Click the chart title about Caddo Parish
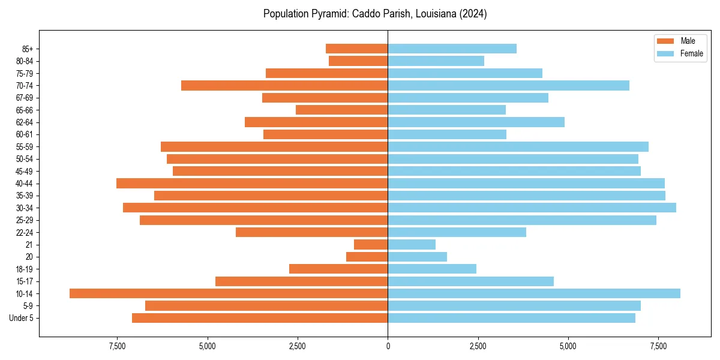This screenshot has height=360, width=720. point(375,14)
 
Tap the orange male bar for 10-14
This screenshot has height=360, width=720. point(229,293)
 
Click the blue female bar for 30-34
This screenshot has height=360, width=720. point(532,208)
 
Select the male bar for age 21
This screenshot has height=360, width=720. point(371,244)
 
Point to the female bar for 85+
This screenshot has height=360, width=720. point(452,49)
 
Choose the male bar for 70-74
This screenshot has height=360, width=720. point(284,85)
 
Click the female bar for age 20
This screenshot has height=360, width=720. point(417,257)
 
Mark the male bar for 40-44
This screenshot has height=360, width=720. point(252,183)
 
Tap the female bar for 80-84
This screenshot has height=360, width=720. point(436,61)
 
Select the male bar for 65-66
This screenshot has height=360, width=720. point(341,110)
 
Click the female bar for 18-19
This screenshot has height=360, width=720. point(432,269)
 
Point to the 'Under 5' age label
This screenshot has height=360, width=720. point(21,318)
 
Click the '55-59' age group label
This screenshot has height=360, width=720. point(25,146)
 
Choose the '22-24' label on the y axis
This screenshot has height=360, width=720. point(25,232)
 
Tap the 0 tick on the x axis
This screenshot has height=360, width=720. point(388,346)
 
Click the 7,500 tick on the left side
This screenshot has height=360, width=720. point(117,346)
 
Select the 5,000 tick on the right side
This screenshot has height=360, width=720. point(568,346)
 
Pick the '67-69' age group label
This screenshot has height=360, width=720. point(25,98)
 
